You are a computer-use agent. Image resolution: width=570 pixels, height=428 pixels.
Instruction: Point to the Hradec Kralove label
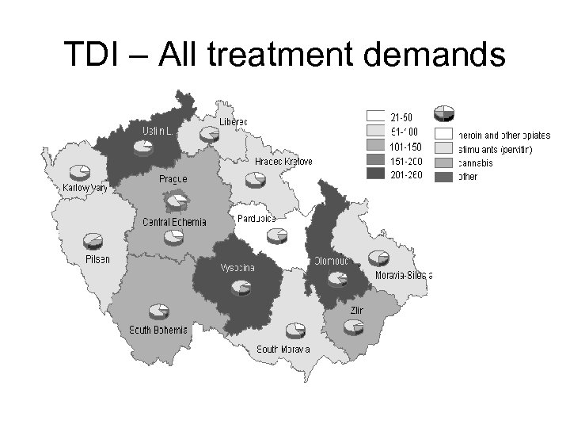pos(283,162)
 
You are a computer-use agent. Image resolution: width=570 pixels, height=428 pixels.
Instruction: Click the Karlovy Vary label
pos(85,188)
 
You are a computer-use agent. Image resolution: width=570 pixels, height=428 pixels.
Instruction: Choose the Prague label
pos(173,179)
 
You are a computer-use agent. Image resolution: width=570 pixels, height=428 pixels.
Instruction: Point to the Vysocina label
pos(237,268)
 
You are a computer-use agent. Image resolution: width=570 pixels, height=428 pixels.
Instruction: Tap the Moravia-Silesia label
pos(401,275)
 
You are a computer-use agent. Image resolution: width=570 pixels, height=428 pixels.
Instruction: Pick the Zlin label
pos(356,310)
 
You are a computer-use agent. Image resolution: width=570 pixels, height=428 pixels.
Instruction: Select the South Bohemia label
pos(159,330)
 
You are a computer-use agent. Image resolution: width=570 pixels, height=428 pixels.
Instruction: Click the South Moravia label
pos(283,350)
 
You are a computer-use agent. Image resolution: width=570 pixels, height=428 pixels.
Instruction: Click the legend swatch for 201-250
pos(375,175)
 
